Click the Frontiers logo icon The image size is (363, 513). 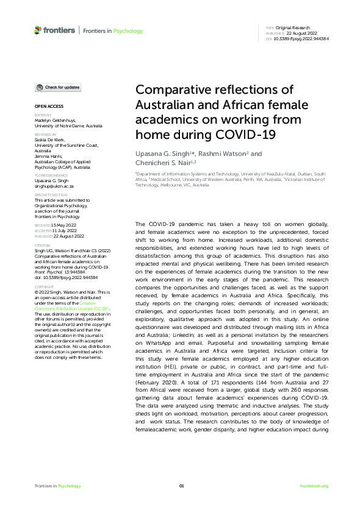[38, 30]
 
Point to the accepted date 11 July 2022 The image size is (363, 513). [62, 230]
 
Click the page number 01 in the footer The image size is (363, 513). [181, 486]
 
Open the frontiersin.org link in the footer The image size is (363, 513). [315, 486]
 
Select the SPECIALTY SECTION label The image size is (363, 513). [49, 195]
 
